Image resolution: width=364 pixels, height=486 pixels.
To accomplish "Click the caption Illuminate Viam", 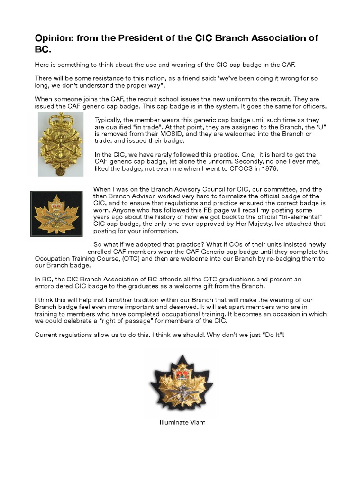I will pos(182,422).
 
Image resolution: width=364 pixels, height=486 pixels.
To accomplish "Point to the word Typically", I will pos(110,120).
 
